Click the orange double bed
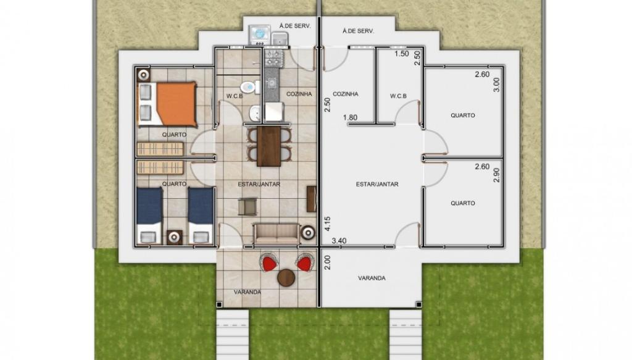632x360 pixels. [x=167, y=104]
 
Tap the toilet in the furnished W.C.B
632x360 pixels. [x=251, y=86]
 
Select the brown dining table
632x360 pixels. [x=269, y=146]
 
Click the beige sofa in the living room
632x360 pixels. [x=276, y=234]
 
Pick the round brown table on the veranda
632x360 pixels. [x=286, y=278]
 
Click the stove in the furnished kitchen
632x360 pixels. [x=273, y=57]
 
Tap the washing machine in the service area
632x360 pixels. [x=259, y=35]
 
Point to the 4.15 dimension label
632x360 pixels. [x=327, y=224]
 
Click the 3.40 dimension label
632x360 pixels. [x=339, y=241]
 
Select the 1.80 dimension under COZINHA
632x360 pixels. [x=350, y=117]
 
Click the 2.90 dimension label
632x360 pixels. [x=496, y=175]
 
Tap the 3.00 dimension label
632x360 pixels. [x=496, y=85]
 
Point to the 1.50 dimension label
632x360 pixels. [x=401, y=53]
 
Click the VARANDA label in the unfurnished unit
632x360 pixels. [x=372, y=278]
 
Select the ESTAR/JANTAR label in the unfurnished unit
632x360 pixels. [x=377, y=184]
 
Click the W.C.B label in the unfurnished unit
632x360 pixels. [x=398, y=96]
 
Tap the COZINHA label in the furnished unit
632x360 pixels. [x=299, y=94]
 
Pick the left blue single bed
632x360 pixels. [x=149, y=216]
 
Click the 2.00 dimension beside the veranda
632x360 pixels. [x=327, y=262]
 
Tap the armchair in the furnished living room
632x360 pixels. [x=247, y=206]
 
